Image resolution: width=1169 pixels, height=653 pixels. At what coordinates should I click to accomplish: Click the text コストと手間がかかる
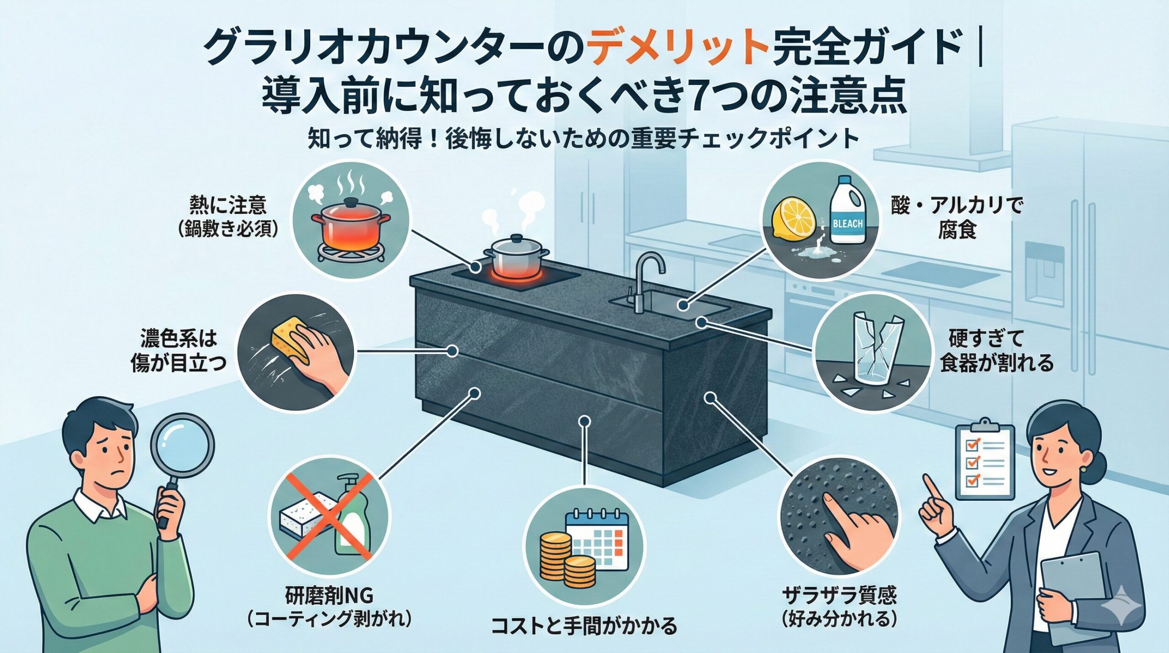[x=584, y=626]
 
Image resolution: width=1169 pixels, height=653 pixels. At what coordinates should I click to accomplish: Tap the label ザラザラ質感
[x=839, y=596]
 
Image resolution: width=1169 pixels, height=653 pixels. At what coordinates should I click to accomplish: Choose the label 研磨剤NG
[x=329, y=596]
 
